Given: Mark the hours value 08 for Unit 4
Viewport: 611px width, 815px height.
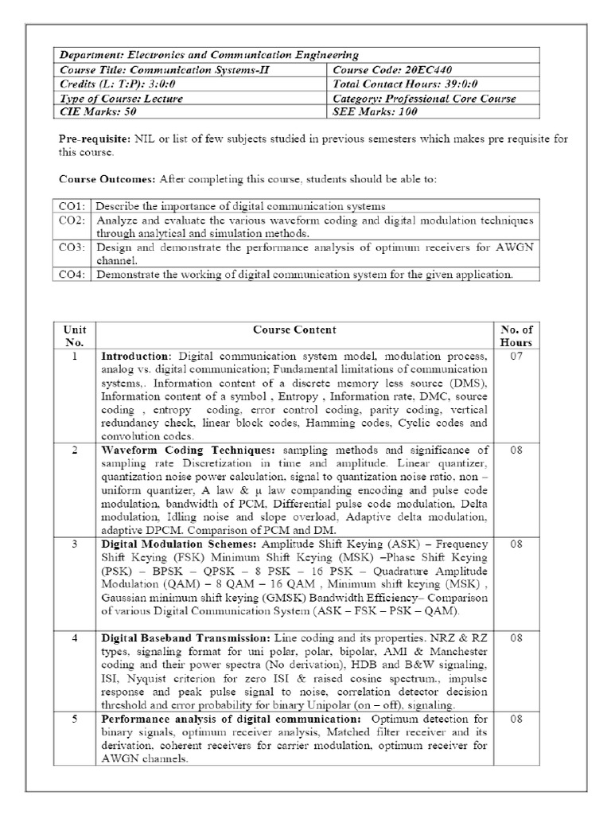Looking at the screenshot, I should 516,638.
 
